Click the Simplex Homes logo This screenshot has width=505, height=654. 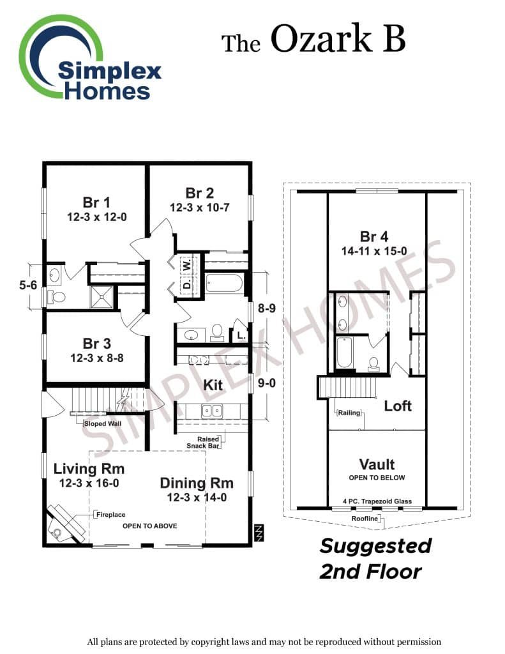(x=89, y=58)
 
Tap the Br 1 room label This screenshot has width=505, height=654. (x=96, y=202)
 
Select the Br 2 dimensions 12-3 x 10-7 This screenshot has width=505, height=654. (x=199, y=208)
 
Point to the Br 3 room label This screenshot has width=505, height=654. (x=97, y=343)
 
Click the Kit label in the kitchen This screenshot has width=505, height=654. (x=213, y=384)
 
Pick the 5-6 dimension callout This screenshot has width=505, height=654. (x=28, y=285)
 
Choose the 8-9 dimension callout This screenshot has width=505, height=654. (x=266, y=308)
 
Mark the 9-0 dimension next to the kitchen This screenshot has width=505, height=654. (x=266, y=383)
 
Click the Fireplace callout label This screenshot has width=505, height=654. (x=111, y=515)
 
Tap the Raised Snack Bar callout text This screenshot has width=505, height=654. (x=203, y=443)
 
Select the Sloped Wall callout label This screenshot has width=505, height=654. (x=103, y=424)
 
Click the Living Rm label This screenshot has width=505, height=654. (x=89, y=469)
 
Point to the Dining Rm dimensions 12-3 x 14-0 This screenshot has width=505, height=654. (x=197, y=497)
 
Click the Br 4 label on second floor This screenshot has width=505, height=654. (x=374, y=236)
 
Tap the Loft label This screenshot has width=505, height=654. (x=398, y=406)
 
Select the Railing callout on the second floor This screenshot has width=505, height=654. (x=349, y=413)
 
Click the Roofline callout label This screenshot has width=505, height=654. (x=365, y=519)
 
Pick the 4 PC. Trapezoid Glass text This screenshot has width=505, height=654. (x=377, y=501)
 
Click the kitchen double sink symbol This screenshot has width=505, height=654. (x=212, y=411)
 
